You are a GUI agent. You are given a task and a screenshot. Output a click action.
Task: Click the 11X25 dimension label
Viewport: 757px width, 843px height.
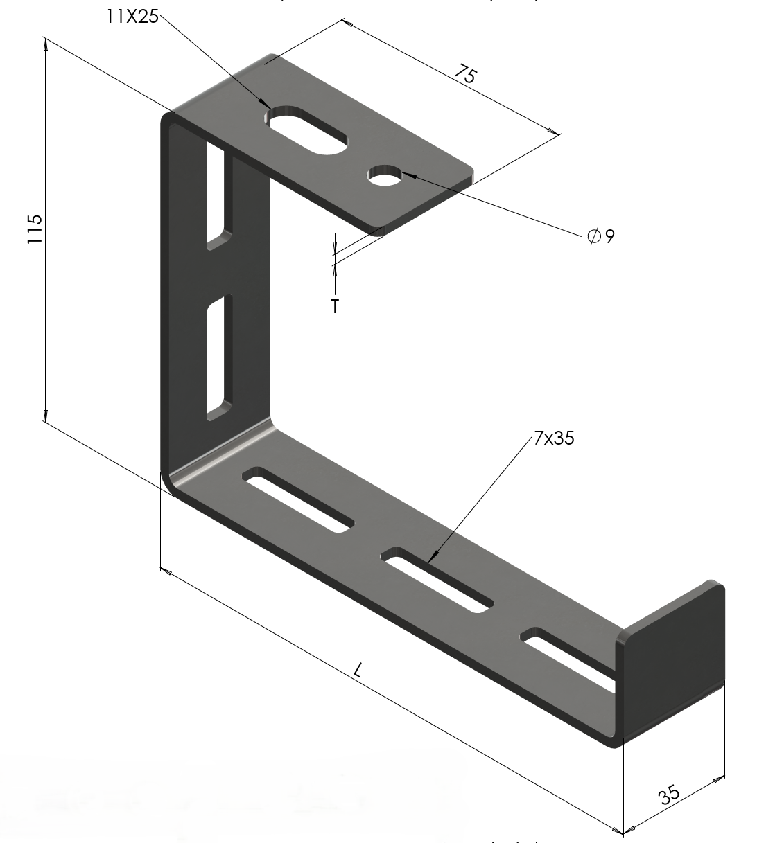tap(132, 17)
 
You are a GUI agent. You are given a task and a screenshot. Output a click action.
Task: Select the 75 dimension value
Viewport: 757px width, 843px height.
tap(466, 75)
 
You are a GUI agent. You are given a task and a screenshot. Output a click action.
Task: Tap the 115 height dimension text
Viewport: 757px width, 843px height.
tap(35, 229)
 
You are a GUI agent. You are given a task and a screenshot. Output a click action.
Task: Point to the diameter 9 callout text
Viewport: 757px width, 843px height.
tap(601, 236)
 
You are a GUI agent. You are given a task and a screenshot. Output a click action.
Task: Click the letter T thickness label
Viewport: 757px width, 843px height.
tap(336, 306)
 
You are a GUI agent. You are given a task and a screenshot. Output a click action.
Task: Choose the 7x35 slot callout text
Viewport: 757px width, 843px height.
tap(554, 438)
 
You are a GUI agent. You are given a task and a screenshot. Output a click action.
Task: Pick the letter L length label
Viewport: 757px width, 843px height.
tap(358, 670)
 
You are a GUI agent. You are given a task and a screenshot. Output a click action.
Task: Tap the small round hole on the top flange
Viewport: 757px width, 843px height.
tap(385, 176)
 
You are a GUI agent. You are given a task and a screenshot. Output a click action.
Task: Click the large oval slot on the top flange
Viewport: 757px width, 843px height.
tap(306, 131)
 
